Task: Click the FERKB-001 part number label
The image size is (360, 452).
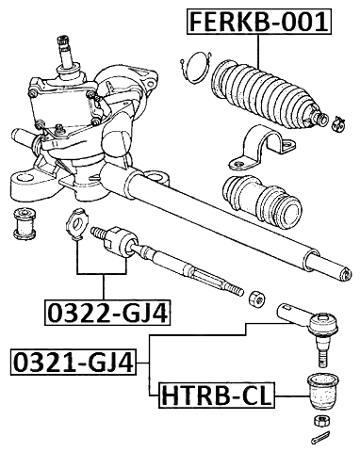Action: tap(260, 21)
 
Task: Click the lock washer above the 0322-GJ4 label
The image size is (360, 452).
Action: tap(78, 227)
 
